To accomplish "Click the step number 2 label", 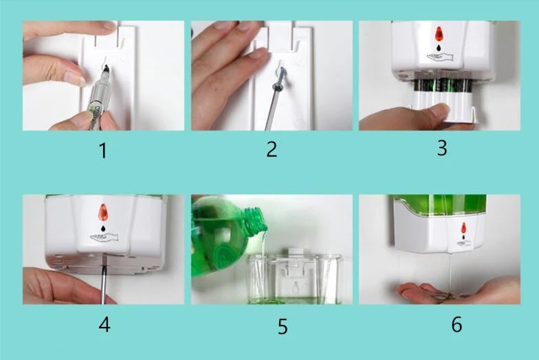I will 272,149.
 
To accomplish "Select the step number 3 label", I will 442,148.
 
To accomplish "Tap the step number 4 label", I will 104,324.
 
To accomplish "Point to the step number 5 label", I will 283,326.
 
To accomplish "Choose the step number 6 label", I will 456,324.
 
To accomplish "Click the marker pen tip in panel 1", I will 106,69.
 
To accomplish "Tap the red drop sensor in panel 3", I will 438,34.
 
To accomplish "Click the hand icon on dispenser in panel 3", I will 438,57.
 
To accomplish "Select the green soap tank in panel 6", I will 440,204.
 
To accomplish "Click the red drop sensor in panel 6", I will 463,227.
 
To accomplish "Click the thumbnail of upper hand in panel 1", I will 108,26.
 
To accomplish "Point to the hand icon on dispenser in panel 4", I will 104,237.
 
